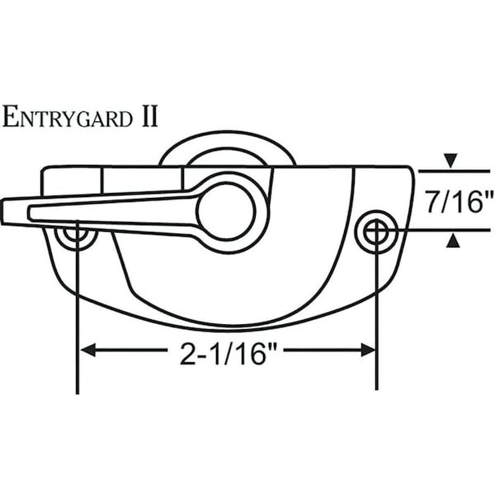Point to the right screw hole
[375, 232]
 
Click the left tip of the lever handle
[5, 212]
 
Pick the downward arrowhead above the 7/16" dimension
[449, 159]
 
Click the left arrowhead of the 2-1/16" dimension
[86, 351]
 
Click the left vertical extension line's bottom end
[77, 390]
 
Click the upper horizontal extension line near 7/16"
[454, 171]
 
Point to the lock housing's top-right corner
[410, 169]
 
